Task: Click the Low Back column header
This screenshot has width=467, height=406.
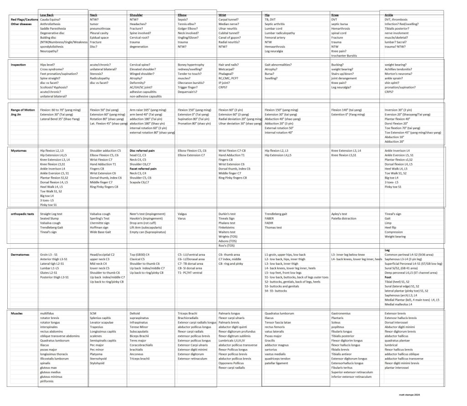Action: click(47, 15)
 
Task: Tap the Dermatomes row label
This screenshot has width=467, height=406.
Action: click(21, 254)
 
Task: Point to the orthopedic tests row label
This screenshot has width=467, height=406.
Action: click(23, 213)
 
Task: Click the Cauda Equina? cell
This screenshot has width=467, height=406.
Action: click(50, 20)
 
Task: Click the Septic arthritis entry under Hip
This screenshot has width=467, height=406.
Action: click(275, 24)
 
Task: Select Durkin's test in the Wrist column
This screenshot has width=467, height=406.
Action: click(227, 214)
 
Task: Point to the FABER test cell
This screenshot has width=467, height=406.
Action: click(270, 218)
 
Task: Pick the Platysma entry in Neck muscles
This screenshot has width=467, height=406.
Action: click(97, 354)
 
